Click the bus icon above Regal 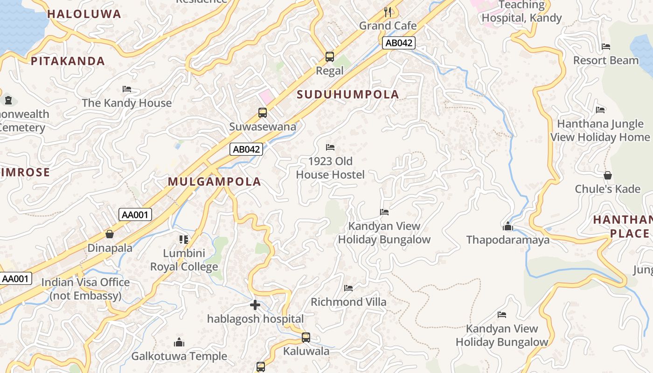[x=330, y=57]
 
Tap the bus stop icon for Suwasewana [x=263, y=112]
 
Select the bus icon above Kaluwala [x=306, y=337]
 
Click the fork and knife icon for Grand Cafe [x=388, y=12]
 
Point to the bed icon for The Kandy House [x=127, y=89]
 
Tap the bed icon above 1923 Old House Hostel [x=330, y=147]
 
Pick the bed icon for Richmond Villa [x=348, y=288]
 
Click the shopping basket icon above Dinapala [x=110, y=234]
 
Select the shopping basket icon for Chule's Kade [x=607, y=175]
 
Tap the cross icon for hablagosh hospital [x=255, y=305]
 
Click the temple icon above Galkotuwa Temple [x=179, y=343]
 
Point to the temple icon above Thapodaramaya [x=508, y=227]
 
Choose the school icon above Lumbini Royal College [x=184, y=240]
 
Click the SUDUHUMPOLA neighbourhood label [x=348, y=95]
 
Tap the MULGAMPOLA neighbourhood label [x=214, y=182]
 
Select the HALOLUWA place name [x=84, y=14]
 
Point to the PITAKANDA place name [x=68, y=61]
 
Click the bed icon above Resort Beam [x=606, y=47]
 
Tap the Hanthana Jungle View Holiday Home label [x=600, y=131]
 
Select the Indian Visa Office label [x=85, y=289]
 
